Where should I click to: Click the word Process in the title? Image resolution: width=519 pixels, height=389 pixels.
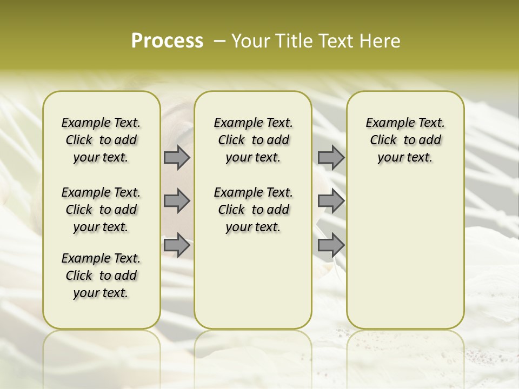click(167, 41)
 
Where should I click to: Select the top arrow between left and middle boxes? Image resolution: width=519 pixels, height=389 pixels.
click(177, 157)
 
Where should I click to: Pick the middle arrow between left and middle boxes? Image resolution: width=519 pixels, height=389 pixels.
click(177, 201)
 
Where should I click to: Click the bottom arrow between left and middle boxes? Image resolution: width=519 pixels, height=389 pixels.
click(177, 245)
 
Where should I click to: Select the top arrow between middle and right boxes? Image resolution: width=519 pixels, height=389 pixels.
click(331, 157)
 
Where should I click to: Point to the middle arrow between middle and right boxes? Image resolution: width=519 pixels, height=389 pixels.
click(331, 201)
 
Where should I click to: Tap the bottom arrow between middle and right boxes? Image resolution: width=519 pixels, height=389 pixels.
click(331, 245)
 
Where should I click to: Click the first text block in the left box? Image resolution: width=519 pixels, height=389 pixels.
click(101, 140)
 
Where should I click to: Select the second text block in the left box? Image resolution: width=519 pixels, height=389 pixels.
click(101, 210)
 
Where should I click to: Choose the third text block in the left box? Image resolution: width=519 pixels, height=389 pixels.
click(101, 276)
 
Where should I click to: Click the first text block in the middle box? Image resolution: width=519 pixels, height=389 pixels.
click(253, 140)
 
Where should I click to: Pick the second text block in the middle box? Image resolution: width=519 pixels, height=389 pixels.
click(253, 210)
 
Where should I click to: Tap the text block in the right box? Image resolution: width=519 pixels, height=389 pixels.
click(405, 140)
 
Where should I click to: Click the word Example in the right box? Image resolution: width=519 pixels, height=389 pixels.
click(385, 123)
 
